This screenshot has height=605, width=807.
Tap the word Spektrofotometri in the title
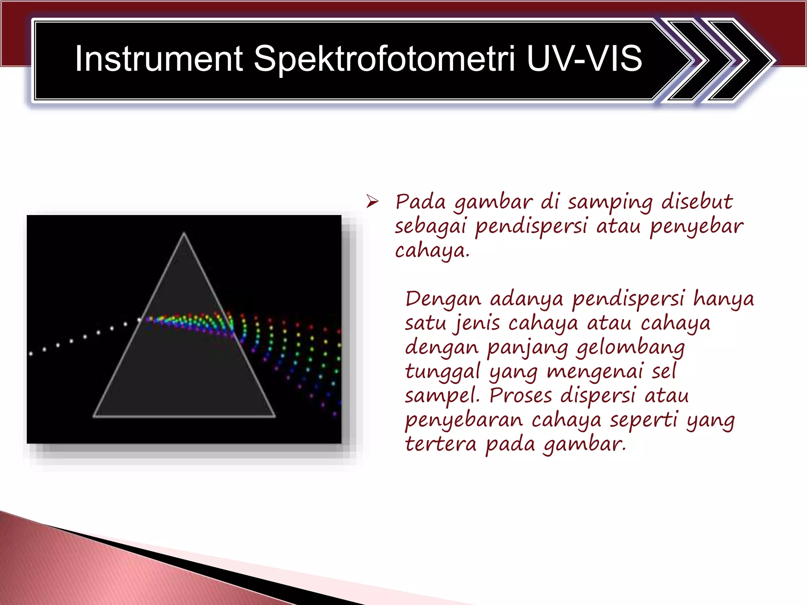tap(384, 59)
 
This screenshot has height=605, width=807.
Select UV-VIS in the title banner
tap(584, 59)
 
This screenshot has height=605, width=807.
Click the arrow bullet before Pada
tap(372, 202)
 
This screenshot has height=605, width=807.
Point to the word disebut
tap(697, 202)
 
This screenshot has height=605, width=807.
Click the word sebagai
tap(430, 227)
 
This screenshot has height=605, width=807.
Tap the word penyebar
tap(696, 227)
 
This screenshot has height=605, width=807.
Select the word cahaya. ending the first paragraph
tap(432, 251)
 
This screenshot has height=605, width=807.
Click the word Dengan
tap(443, 299)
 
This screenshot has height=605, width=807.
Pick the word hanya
tap(723, 299)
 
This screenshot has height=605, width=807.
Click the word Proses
tap(520, 395)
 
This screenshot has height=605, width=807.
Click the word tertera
tap(441, 444)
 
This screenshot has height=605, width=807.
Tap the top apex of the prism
tap(184, 233)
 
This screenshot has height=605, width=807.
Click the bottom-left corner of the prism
tap(94, 416)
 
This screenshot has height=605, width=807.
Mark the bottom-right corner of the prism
tap(274, 416)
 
